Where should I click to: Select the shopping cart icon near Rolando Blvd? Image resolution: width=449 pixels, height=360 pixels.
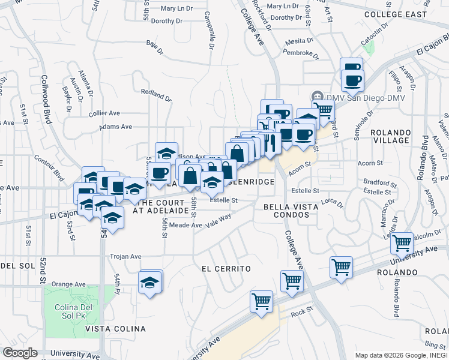coord(402,243)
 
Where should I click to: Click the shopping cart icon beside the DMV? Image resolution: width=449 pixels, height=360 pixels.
coord(324,109)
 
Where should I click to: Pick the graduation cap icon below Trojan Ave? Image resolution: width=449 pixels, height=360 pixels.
coord(150,283)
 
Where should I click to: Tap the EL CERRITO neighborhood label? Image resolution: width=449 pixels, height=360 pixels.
coord(226,269)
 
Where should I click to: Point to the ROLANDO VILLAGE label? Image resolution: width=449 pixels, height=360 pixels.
coord(390,136)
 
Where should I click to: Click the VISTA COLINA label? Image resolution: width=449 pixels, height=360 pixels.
coord(115,329)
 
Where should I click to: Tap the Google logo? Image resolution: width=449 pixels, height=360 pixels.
coord(20,353)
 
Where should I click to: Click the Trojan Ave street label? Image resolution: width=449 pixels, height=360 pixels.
coord(125,256)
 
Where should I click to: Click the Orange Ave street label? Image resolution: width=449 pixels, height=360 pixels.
coord(68,284)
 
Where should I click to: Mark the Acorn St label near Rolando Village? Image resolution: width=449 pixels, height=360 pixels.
coord(370,163)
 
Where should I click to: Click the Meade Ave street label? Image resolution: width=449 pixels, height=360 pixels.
coord(185,225)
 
